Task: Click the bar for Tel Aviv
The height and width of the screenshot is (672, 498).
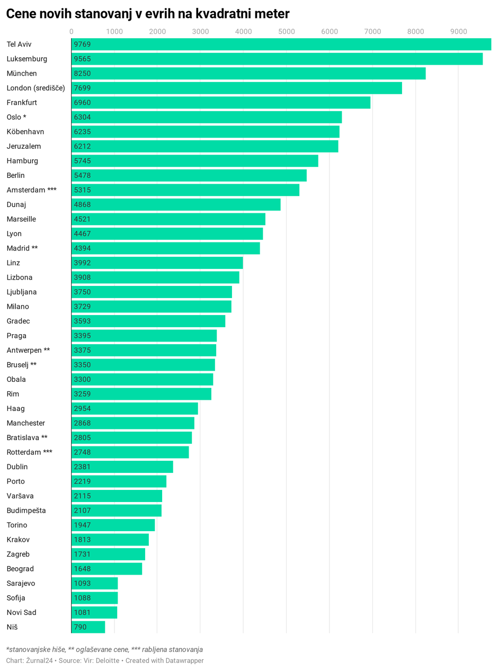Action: [281, 44]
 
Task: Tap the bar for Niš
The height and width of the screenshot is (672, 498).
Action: [88, 627]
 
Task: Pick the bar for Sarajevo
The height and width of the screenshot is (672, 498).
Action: [94, 584]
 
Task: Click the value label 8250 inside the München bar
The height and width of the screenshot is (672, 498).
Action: [82, 74]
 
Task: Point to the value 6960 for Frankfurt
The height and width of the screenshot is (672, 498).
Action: [82, 103]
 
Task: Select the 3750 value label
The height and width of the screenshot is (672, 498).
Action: [82, 292]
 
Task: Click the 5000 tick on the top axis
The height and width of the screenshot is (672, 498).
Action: [286, 32]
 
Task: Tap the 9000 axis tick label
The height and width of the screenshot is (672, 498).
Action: [458, 32]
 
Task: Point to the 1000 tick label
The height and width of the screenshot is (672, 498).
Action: [114, 32]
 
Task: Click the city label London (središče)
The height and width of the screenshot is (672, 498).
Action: [35, 88]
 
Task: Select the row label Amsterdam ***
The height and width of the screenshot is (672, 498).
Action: [31, 190]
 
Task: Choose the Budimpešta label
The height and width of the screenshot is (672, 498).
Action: [26, 510]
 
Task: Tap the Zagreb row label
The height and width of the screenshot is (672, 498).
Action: [18, 554]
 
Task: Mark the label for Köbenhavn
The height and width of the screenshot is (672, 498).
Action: [25, 132]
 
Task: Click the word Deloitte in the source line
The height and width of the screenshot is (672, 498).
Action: [106, 661]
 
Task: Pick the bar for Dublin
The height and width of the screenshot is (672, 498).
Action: [122, 467]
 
